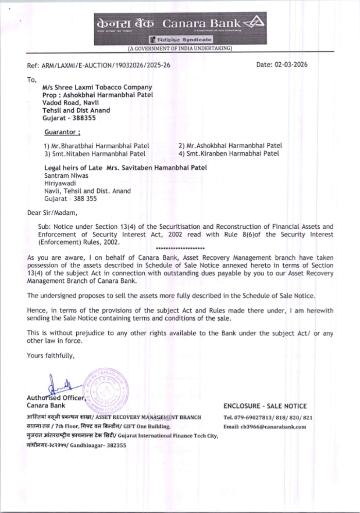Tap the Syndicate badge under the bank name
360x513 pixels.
181,40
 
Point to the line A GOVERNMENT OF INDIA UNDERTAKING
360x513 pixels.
180,48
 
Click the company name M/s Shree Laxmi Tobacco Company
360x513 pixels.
97,87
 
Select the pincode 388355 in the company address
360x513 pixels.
84,118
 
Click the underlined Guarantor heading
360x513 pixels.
62,132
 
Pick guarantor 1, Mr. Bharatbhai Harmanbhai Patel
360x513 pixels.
96,146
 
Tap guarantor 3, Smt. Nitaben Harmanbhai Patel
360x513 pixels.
95,154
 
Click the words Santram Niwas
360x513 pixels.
66,176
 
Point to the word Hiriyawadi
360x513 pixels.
60,183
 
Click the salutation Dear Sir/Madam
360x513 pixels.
52,213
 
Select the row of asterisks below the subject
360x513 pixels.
180,249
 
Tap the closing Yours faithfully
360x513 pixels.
51,355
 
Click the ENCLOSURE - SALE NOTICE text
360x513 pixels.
265,406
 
